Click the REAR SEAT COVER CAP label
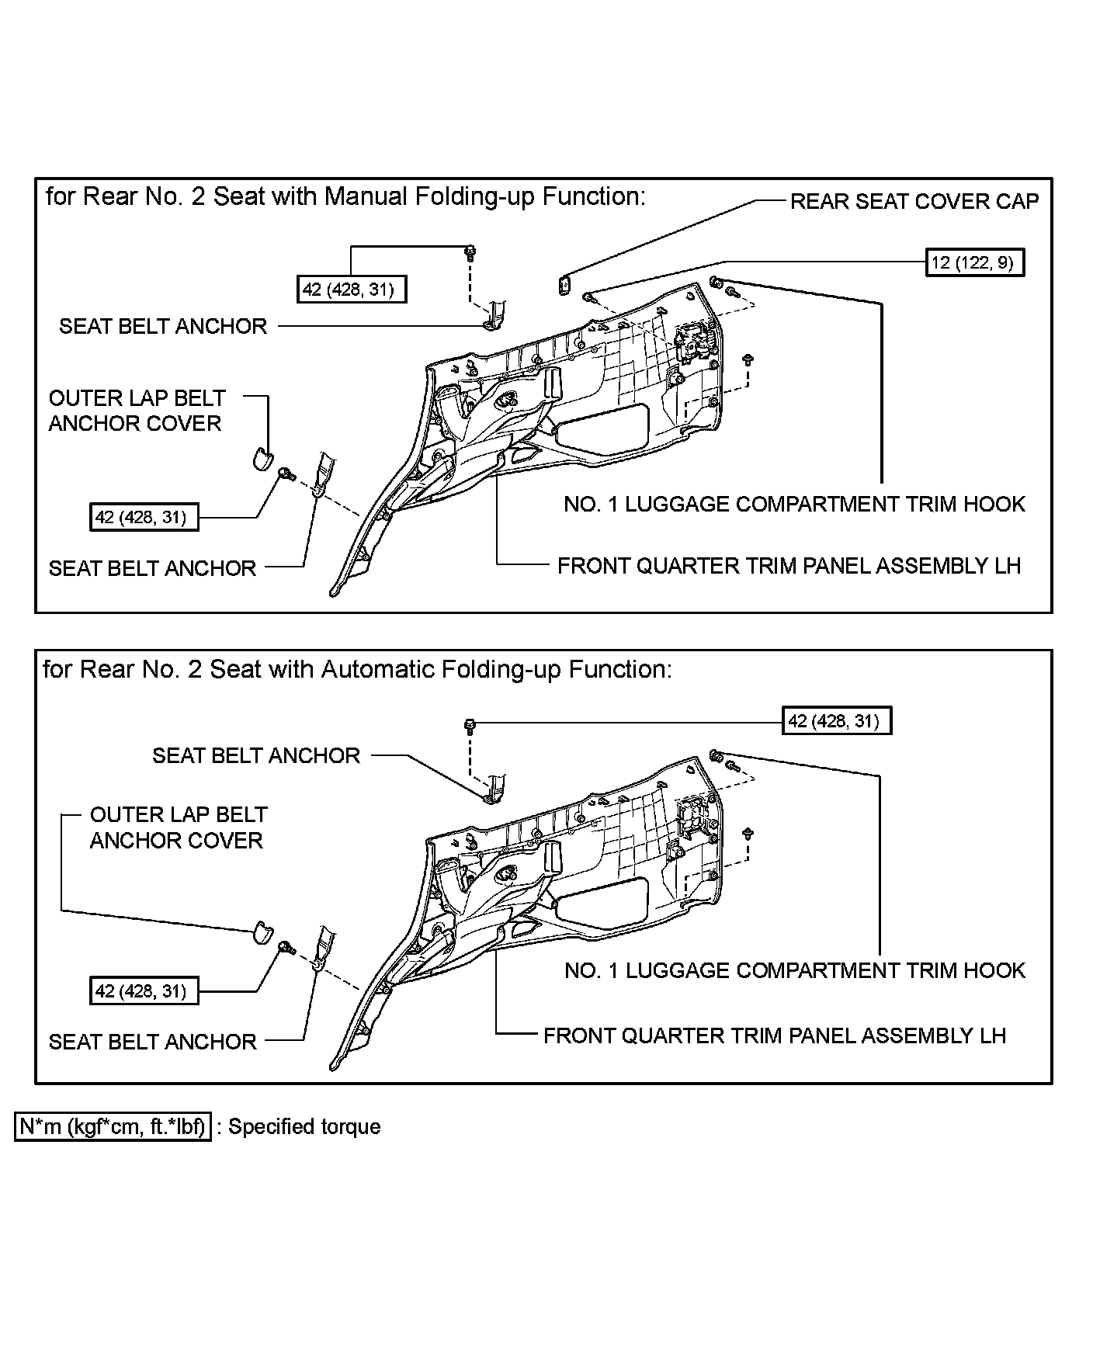pyautogui.click(x=914, y=202)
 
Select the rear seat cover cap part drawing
pyautogui.click(x=564, y=283)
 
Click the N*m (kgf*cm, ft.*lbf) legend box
pyautogui.click(x=113, y=1126)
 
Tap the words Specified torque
pyautogui.click(x=304, y=1126)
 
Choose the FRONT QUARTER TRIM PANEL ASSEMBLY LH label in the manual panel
pyautogui.click(x=789, y=566)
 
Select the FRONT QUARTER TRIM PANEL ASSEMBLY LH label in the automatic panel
pyautogui.click(x=774, y=1036)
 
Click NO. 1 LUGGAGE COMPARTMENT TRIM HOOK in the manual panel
pyautogui.click(x=794, y=505)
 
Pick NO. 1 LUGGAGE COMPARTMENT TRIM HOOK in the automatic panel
pyautogui.click(x=794, y=971)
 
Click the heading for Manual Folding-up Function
pyautogui.click(x=345, y=196)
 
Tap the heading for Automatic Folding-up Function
pyautogui.click(x=357, y=669)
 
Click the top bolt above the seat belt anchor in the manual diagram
pyautogui.click(x=470, y=251)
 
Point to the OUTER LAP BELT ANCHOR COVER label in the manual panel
pyautogui.click(x=137, y=411)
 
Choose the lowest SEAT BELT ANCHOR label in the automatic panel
pyautogui.click(x=152, y=1042)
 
